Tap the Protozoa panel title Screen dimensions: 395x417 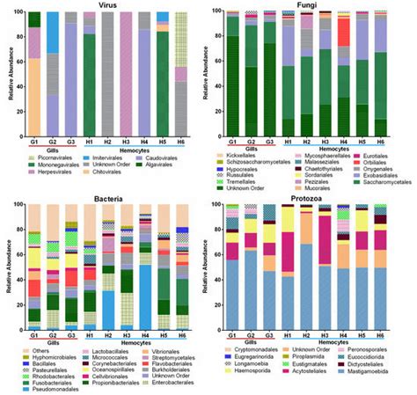click(x=318, y=201)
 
